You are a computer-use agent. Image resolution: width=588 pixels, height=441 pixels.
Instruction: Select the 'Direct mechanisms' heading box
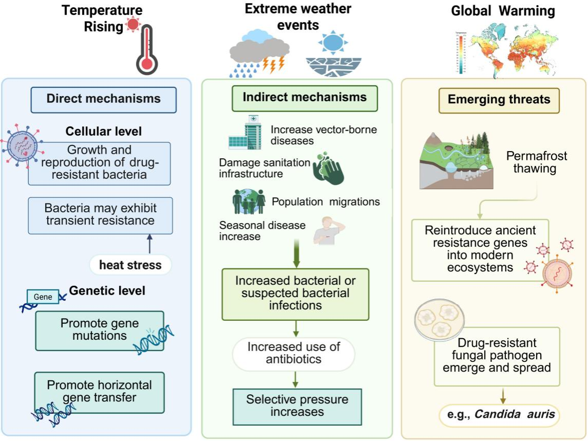(x=103, y=99)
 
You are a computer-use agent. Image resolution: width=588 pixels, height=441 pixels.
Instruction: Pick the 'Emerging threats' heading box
(x=499, y=100)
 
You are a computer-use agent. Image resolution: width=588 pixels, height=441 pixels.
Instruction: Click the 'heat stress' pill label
(x=130, y=265)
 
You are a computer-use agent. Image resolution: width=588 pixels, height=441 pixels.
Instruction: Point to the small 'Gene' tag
(x=43, y=297)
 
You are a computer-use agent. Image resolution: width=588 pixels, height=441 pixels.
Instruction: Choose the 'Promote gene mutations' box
(x=99, y=330)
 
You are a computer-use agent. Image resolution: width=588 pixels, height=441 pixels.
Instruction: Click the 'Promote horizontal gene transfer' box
(x=99, y=392)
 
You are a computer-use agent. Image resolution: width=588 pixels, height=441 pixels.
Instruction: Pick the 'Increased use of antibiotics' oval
(x=294, y=353)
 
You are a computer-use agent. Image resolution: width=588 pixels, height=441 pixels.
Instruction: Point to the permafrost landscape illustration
(x=457, y=160)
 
